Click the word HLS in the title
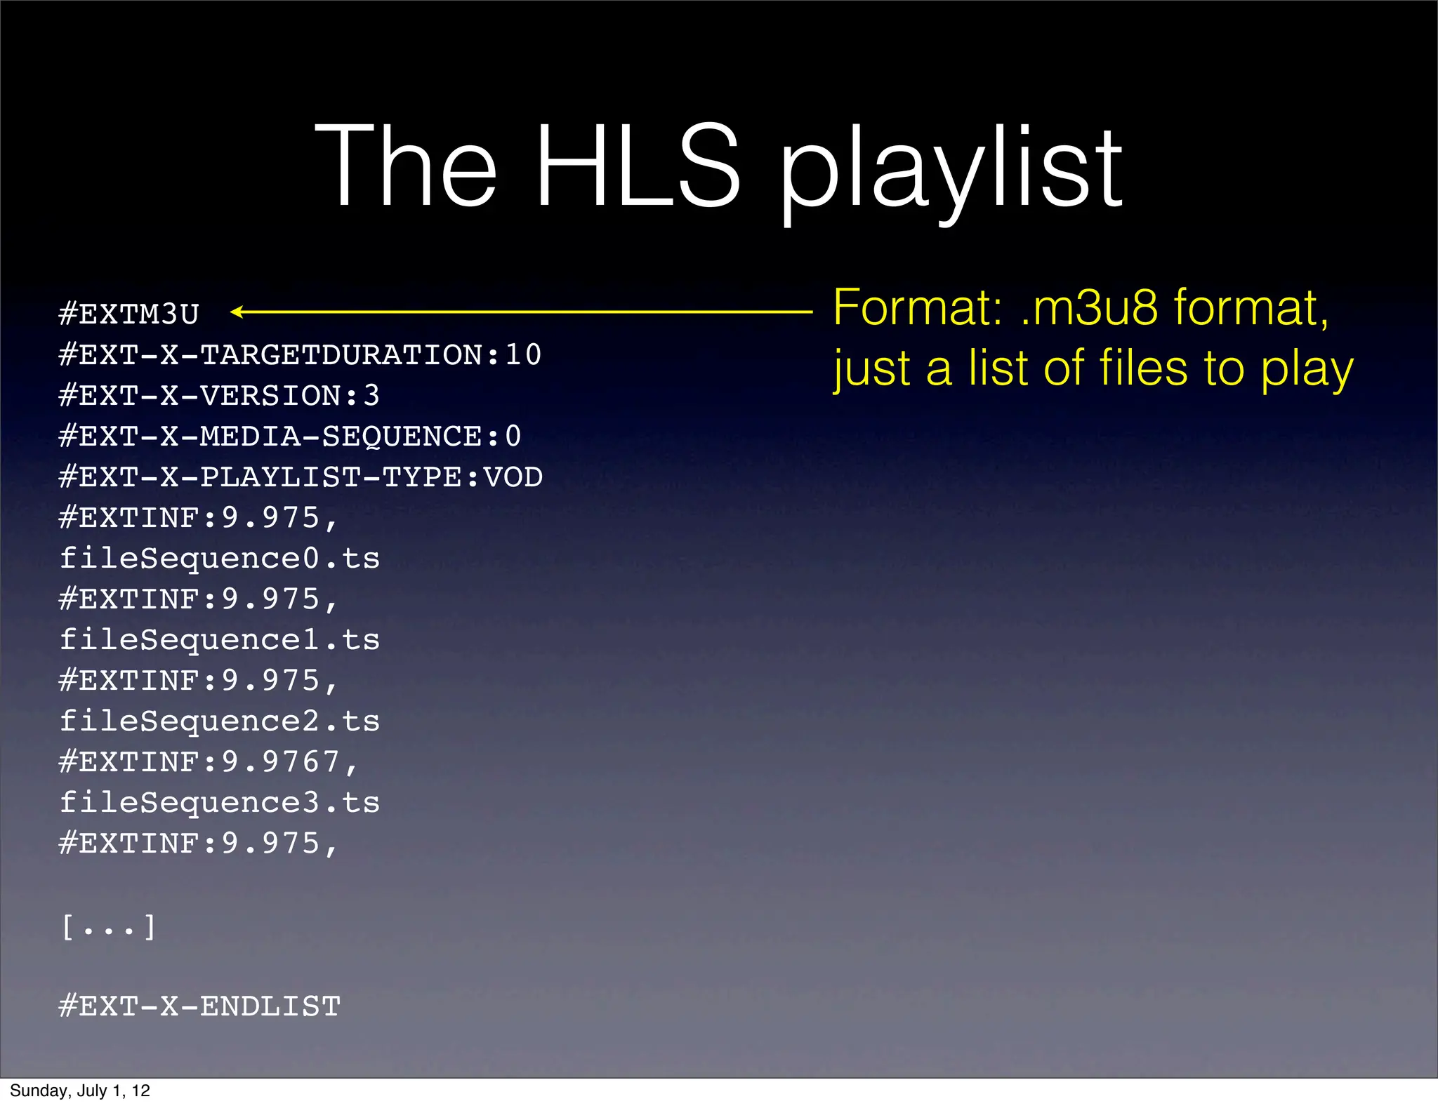637,167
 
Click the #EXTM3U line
129,314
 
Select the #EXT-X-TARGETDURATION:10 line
300,354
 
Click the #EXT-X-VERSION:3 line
219,395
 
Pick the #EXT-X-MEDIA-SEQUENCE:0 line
290,436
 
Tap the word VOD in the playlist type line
513,477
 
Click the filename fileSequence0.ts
219,559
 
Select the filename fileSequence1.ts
219,640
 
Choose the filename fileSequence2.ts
219,721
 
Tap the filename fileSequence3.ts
219,803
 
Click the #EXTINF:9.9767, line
209,762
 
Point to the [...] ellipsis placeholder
108,927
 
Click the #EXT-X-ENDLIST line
199,1006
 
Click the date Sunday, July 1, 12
80,1091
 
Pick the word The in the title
406,167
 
